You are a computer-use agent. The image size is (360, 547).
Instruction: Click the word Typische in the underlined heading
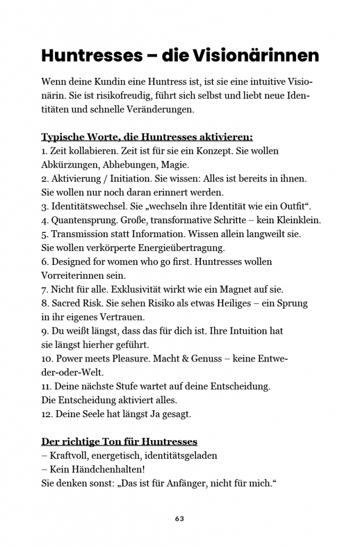click(60, 137)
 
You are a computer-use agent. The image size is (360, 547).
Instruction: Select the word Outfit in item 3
click(296, 206)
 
